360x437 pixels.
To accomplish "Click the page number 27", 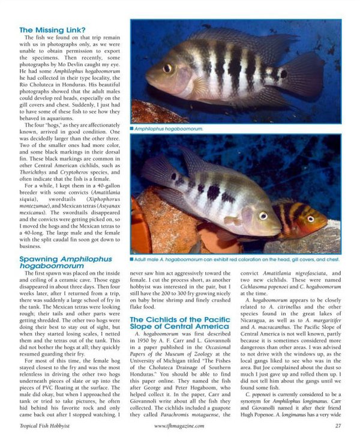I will point(338,425).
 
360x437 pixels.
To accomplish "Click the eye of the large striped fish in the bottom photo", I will point(263,215).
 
